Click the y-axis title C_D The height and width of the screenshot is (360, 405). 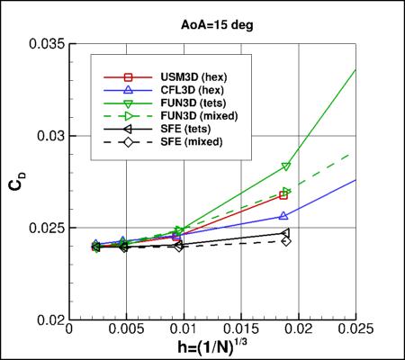click(17, 181)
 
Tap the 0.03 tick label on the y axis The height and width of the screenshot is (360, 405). click(53, 136)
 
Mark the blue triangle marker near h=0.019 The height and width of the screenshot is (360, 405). click(284, 216)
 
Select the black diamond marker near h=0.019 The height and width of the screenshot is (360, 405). click(286, 241)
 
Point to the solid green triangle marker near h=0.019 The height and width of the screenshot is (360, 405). click(286, 166)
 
